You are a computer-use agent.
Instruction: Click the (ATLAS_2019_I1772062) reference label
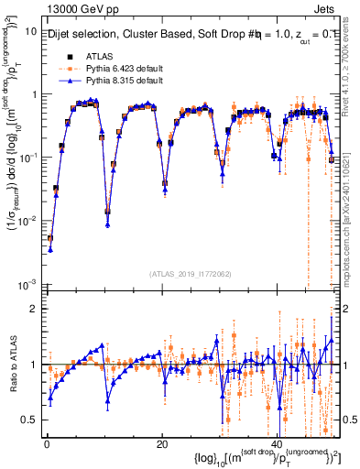190,273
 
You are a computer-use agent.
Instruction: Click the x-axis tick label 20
161,444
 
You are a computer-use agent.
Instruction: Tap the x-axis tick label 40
278,444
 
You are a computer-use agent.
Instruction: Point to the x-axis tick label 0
46,444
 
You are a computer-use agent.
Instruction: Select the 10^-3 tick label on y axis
27,283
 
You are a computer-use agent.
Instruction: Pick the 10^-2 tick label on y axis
27,220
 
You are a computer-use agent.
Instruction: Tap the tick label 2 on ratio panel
33,309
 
